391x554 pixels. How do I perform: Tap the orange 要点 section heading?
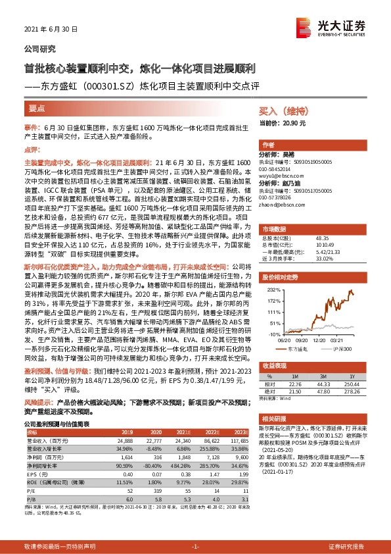pyautogui.click(x=37, y=108)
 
